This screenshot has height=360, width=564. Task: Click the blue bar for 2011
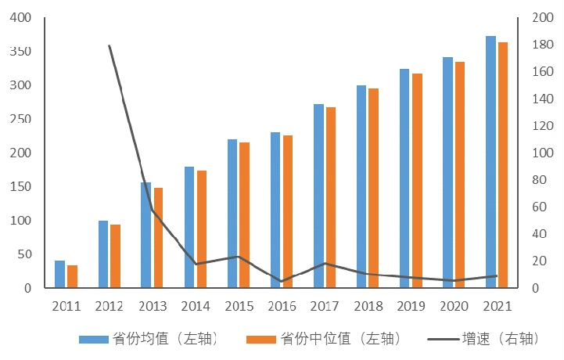pos(60,274)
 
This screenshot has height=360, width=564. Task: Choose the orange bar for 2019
pos(417,181)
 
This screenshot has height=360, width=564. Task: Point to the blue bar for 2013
pos(146,235)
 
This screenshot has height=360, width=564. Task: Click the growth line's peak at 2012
pos(110,45)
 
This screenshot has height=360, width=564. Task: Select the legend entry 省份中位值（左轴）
pos(324,339)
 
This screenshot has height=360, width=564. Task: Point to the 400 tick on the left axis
pos(22,17)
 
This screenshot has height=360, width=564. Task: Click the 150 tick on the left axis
pos(22,186)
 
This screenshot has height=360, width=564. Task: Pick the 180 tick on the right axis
pos(541,45)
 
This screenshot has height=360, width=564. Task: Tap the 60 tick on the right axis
pos(538,207)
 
